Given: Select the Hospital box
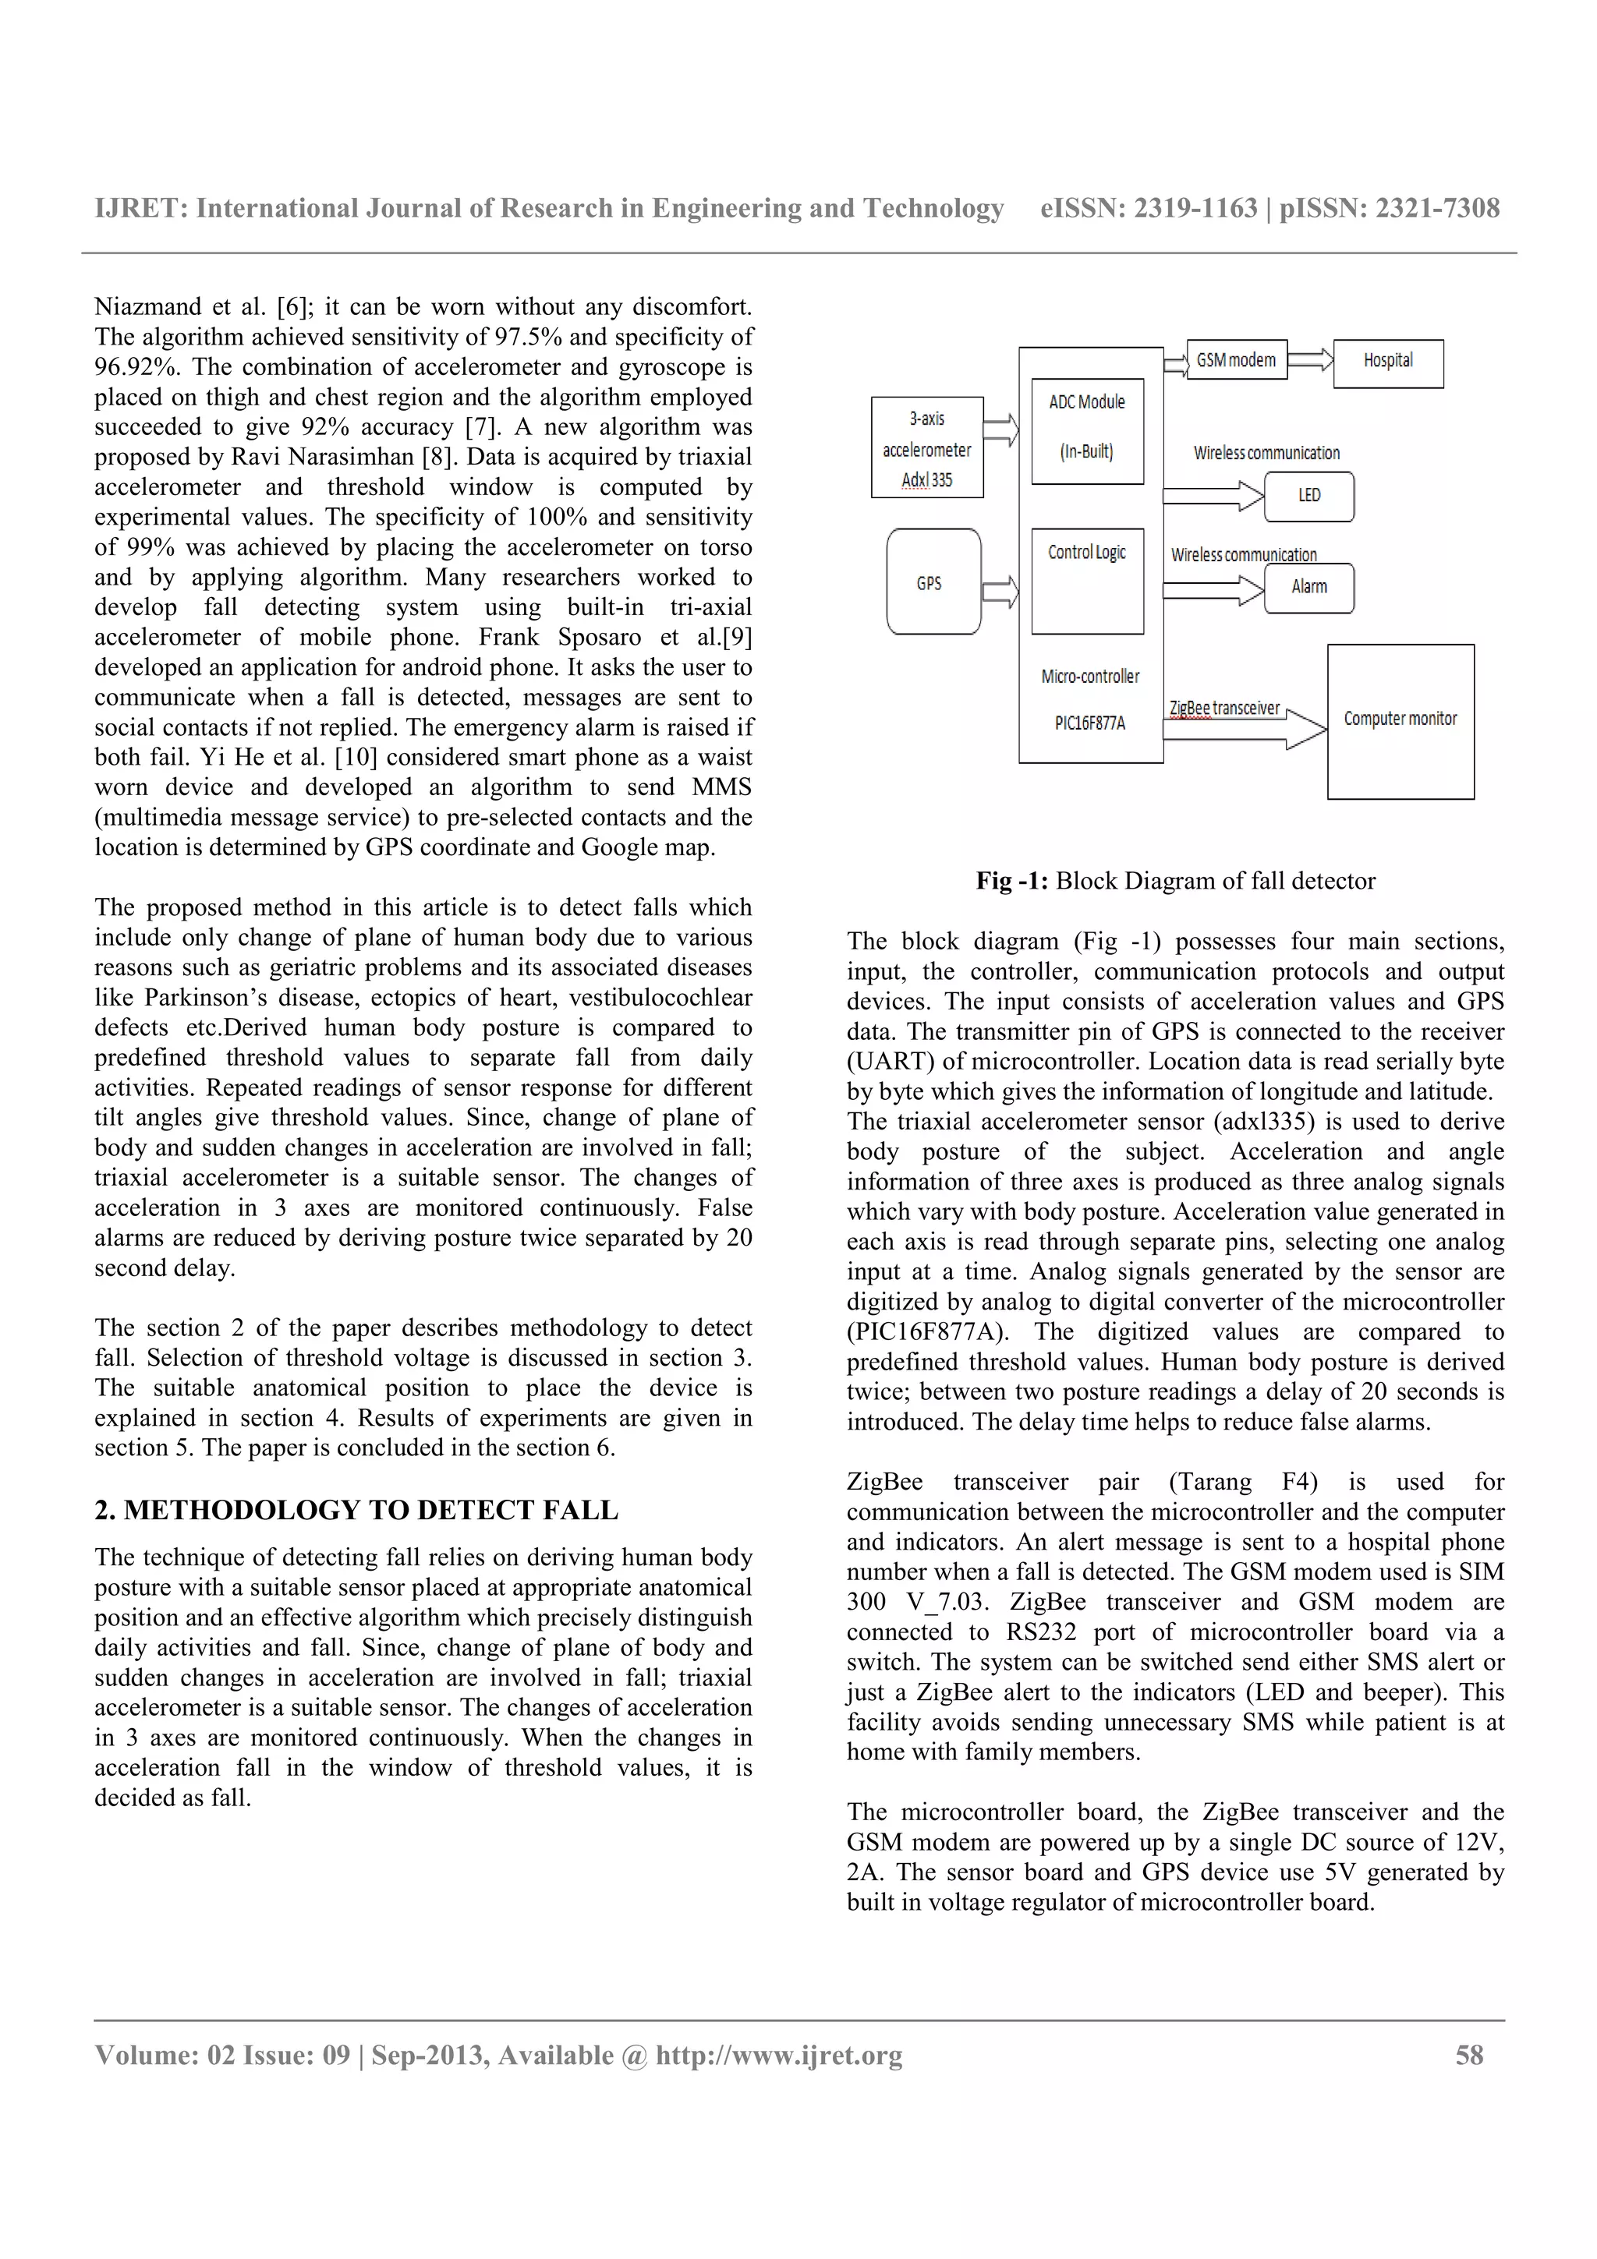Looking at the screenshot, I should coord(1387,363).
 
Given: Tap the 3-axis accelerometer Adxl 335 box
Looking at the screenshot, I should coord(927,447).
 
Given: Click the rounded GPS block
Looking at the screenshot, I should coord(933,582).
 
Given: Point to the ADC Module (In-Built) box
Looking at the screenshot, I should coord(1087,431).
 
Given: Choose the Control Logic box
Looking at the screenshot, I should coord(1087,581).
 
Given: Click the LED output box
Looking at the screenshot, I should coord(1308,496).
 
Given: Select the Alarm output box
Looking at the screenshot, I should coord(1308,588).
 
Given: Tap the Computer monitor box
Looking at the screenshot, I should coord(1400,721).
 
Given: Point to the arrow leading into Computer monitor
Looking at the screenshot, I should coord(1244,729).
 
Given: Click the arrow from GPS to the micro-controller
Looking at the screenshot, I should coord(1000,592).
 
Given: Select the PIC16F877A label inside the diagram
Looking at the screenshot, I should coord(1089,723).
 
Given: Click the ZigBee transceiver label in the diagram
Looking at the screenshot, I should coord(1224,708).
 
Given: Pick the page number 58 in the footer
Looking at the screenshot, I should coord(1468,2056).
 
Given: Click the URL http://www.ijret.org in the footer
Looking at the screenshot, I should coord(778,2056).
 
